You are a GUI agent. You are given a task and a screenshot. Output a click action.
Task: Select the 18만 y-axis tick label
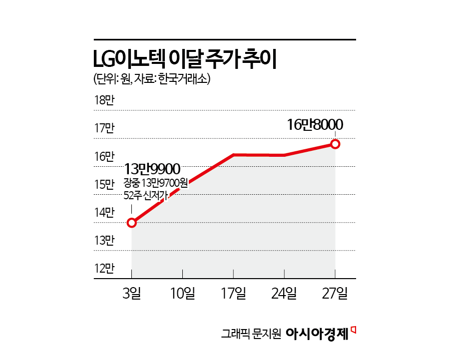pos(104,100)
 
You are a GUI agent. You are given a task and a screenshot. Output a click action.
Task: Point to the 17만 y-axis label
pos(104,129)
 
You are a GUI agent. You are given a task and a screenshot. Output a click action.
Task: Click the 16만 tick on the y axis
pos(104,157)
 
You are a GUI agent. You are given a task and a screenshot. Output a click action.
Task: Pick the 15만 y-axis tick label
pos(104,185)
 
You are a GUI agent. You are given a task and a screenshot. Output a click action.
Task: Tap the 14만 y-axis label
pos(104,213)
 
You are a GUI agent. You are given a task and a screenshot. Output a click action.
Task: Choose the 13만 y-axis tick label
pos(104,241)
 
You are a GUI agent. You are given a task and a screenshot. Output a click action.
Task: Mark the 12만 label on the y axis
pos(104,269)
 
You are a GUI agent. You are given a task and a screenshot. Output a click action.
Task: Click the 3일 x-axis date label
pos(131,294)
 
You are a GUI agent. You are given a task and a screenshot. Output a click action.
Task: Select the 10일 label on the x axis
pos(182,294)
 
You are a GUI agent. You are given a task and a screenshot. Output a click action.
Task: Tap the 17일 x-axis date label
pos(233,294)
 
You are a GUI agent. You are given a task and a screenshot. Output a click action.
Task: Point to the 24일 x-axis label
pos(284,294)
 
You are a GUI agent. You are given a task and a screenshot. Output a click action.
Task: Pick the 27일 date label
pos(335,294)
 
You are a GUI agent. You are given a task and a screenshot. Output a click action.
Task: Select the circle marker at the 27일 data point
pos(335,144)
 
